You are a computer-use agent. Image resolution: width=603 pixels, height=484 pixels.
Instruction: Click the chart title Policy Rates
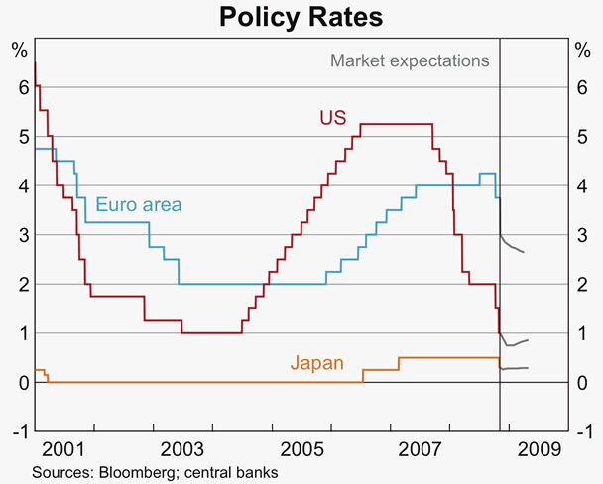(x=301, y=17)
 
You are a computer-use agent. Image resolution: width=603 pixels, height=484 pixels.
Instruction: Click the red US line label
(x=332, y=117)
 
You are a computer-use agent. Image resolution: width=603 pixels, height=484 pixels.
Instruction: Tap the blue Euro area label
(x=139, y=205)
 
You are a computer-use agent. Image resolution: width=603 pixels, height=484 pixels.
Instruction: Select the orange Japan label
(x=316, y=363)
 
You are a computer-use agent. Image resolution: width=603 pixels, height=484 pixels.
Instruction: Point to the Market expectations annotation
(x=410, y=60)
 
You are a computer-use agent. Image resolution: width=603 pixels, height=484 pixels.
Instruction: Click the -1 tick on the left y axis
(x=18, y=431)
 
